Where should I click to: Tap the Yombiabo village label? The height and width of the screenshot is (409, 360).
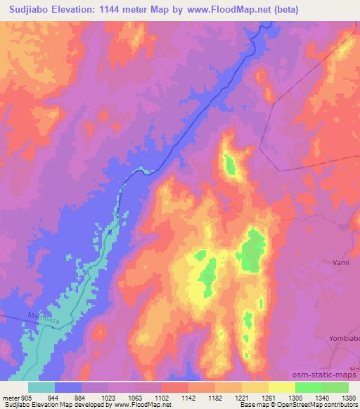(x=342, y=339)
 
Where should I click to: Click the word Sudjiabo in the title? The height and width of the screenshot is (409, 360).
(x=30, y=10)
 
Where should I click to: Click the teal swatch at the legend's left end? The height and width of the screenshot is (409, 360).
(x=41, y=387)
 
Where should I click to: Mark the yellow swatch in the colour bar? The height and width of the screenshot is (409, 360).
(x=282, y=387)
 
